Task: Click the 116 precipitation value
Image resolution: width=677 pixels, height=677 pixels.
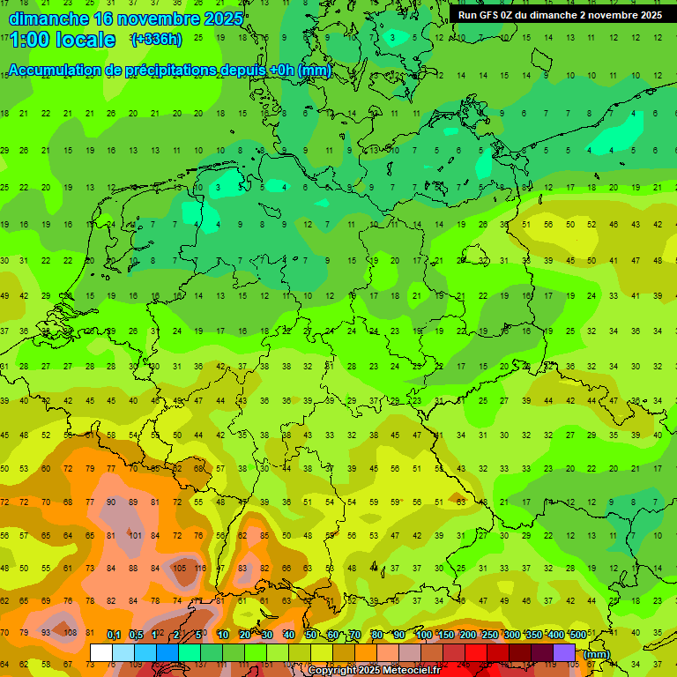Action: click(200, 569)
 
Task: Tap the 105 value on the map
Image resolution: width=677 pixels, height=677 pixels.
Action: click(179, 569)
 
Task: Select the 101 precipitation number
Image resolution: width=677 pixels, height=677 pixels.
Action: click(134, 535)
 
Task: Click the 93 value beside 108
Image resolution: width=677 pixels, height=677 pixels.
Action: click(46, 632)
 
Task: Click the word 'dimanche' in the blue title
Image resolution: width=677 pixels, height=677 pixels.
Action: click(48, 19)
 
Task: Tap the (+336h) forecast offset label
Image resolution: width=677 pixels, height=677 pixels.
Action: click(156, 40)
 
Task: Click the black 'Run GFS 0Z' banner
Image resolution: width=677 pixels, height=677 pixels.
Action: click(560, 15)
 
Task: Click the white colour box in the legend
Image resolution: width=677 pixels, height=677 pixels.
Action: click(101, 652)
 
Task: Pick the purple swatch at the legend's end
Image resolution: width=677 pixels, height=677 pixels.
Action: click(564, 652)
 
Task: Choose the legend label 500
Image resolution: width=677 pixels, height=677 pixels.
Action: click(577, 635)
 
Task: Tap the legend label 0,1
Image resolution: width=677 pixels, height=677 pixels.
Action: click(114, 635)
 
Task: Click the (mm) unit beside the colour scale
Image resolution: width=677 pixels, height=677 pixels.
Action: click(597, 654)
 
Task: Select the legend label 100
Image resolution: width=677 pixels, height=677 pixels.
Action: click(423, 635)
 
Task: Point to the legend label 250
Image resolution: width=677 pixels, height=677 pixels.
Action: click(489, 635)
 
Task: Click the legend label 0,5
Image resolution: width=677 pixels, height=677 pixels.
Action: click(136, 635)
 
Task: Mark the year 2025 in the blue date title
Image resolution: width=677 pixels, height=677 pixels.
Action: click(222, 19)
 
